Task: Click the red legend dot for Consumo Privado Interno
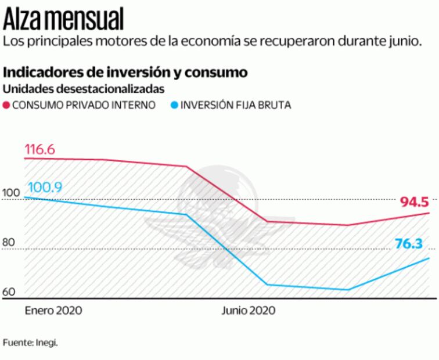click(6, 105)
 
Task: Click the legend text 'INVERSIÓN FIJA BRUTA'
click(235, 105)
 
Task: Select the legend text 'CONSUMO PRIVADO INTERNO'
click(84, 105)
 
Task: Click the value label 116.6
click(39, 150)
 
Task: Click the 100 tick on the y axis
click(10, 193)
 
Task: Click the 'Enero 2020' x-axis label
click(53, 310)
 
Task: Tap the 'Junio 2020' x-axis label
click(248, 310)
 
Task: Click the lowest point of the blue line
click(347, 290)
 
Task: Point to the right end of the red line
click(429, 213)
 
